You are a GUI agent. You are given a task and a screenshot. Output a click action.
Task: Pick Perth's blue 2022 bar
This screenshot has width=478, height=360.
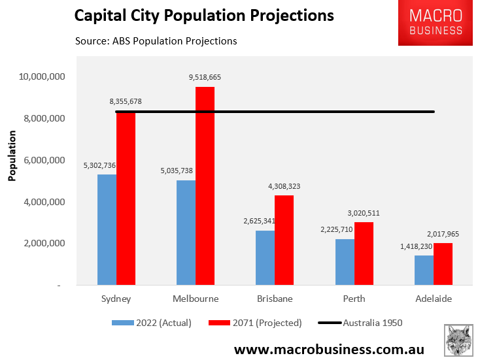pyautogui.click(x=345, y=262)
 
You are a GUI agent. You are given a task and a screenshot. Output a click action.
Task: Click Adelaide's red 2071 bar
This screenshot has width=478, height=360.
pyautogui.click(x=443, y=264)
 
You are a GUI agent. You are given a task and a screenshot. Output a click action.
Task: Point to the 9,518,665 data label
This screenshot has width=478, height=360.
pyautogui.click(x=205, y=77)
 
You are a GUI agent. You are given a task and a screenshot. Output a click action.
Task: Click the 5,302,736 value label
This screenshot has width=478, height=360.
pyautogui.click(x=99, y=166)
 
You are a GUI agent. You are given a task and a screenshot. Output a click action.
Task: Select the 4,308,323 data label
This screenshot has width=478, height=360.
pyautogui.click(x=284, y=186)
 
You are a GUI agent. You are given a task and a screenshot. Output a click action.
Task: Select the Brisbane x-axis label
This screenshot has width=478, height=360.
pyautogui.click(x=275, y=299)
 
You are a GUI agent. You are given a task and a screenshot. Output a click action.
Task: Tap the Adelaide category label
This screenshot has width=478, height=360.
pyautogui.click(x=433, y=299)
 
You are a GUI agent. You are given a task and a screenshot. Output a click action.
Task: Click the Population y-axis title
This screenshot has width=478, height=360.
pyautogui.click(x=12, y=155)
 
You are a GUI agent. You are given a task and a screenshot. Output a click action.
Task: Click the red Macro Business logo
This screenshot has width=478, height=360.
pyautogui.click(x=435, y=23)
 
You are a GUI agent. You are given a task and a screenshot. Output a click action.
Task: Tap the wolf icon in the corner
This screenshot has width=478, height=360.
pyautogui.click(x=459, y=340)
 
